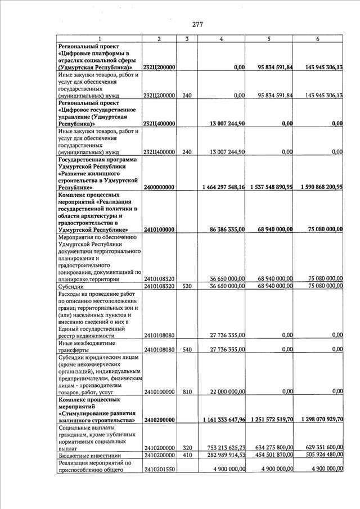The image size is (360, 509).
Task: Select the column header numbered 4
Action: (221, 39)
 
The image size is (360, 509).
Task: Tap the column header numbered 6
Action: (318, 39)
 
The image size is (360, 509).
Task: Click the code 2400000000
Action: (160, 187)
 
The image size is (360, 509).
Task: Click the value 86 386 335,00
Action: (227, 229)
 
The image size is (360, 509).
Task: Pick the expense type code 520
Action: (187, 286)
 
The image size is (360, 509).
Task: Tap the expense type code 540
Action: (187, 349)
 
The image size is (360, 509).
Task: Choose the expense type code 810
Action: (187, 391)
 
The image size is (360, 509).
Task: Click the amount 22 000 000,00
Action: (227, 391)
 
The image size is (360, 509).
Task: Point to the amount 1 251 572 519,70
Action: (273, 420)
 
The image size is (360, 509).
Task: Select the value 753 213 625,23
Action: (227, 448)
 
